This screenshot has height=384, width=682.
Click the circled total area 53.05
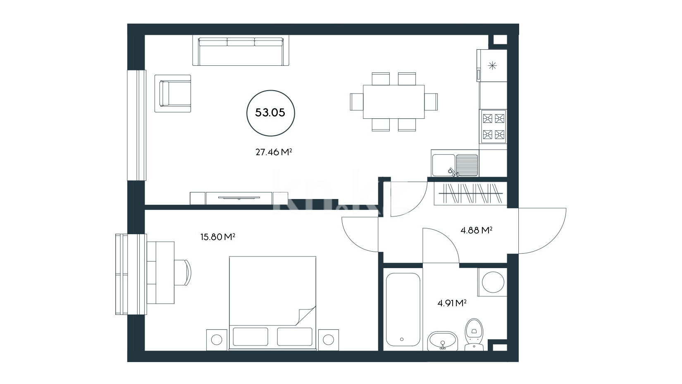(270, 113)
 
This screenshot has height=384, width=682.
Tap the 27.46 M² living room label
(274, 152)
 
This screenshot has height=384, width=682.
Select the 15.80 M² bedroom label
(218, 237)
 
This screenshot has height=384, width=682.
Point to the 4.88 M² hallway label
(477, 230)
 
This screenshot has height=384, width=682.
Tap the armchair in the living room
(173, 94)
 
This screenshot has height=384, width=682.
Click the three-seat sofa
(241, 51)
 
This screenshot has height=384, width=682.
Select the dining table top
(393, 102)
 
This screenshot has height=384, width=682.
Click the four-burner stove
(493, 126)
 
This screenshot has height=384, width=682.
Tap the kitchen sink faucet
(454, 173)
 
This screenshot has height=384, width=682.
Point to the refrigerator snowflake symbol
(492, 65)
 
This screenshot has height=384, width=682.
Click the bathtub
(403, 310)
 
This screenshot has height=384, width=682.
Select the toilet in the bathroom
(474, 335)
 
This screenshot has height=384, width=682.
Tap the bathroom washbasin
(443, 341)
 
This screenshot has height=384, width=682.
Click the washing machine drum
(493, 282)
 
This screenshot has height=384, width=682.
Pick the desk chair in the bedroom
(183, 272)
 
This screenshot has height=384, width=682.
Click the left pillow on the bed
(250, 337)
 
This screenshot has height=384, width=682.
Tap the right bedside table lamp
(328, 340)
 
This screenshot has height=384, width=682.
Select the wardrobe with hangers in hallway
(470, 194)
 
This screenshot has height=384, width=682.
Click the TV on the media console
(239, 198)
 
